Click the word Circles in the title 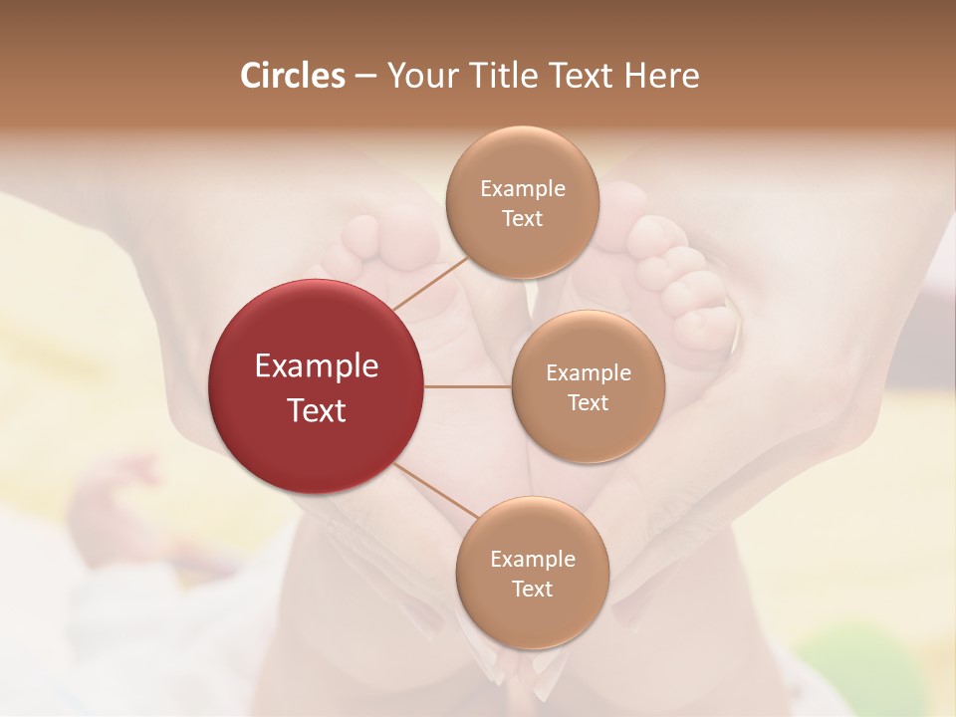(292, 76)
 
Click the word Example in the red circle (317, 366)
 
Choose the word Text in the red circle (317, 410)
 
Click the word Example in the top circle (523, 189)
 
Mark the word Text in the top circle (523, 219)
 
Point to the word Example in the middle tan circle (589, 373)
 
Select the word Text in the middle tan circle (589, 403)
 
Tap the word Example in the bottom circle (532, 560)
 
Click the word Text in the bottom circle (532, 590)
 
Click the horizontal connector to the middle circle (468, 386)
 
